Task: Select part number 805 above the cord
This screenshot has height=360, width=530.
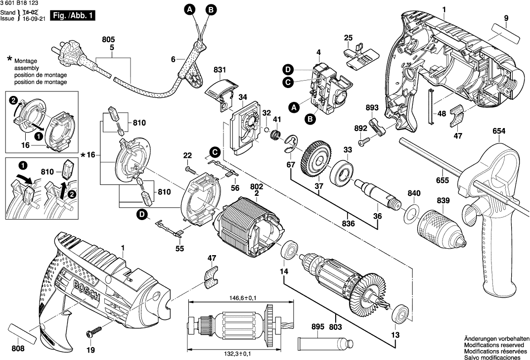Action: click(108, 39)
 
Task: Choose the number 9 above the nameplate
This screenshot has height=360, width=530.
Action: click(506, 19)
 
